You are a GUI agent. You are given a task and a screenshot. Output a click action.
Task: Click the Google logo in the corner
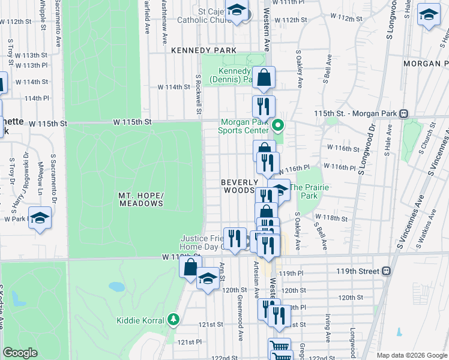point(20,353)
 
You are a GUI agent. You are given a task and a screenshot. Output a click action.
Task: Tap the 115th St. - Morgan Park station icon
point(405,113)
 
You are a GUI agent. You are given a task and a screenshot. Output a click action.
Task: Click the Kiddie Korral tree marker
point(173,319)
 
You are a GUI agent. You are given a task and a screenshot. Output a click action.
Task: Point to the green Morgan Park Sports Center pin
point(277,126)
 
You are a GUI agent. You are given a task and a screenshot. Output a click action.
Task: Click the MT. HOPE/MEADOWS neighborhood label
point(140,199)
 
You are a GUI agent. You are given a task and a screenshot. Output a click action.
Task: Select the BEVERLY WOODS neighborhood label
point(240,186)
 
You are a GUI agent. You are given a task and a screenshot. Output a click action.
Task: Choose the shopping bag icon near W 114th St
point(264,77)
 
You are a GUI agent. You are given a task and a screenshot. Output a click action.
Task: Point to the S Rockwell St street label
point(197,94)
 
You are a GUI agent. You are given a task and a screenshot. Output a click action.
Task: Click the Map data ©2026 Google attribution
point(412,355)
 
